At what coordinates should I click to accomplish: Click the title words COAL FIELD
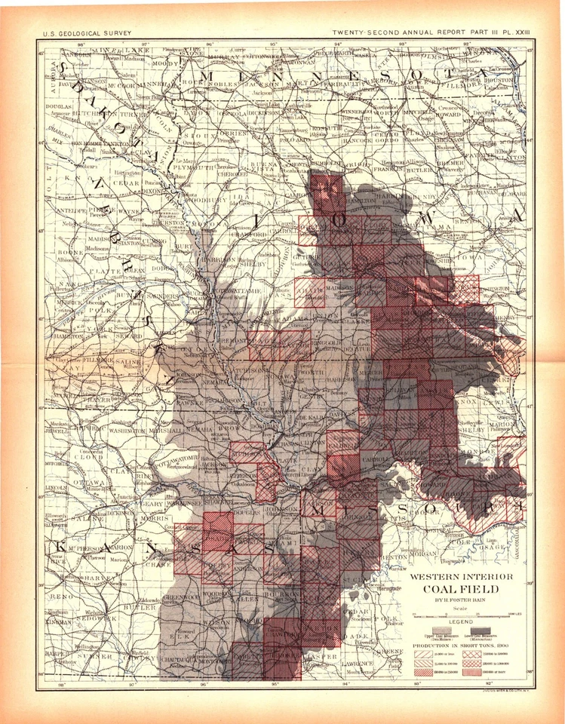(x=463, y=590)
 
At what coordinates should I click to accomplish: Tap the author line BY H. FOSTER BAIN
(x=463, y=601)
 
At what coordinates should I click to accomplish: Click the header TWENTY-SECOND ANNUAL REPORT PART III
(x=422, y=33)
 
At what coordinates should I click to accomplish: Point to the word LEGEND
(x=462, y=621)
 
